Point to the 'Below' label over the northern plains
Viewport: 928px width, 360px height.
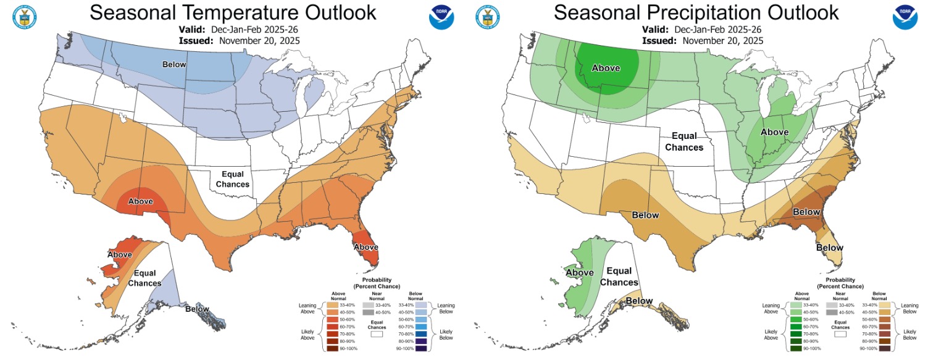175,64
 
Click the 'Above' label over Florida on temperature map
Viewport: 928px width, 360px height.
366,246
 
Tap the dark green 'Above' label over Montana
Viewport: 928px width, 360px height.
606,68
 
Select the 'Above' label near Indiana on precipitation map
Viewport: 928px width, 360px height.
774,132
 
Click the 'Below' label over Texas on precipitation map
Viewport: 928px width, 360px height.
645,215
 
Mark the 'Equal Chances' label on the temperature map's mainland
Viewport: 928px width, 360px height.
233,179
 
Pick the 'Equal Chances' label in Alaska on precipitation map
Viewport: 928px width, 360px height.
619,277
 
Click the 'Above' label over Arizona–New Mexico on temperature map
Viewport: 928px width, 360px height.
140,201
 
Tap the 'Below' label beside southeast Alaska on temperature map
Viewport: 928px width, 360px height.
198,309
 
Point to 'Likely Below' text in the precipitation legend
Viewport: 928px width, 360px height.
906,334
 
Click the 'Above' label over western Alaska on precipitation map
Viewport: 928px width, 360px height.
580,272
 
